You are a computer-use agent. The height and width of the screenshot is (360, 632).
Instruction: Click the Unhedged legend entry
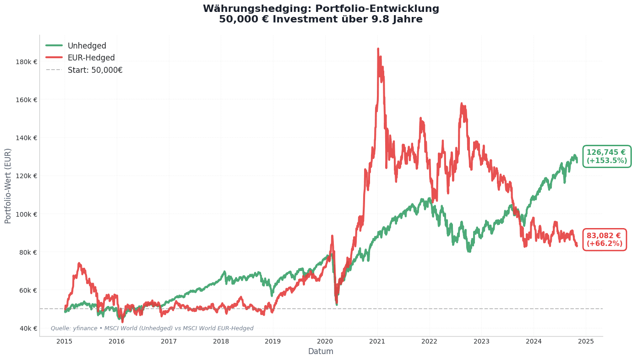(x=87, y=46)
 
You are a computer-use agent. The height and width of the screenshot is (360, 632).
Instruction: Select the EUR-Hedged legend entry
(x=91, y=58)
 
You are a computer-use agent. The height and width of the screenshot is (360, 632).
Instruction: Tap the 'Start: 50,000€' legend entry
(x=95, y=70)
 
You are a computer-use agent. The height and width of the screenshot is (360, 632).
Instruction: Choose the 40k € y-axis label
(x=27, y=328)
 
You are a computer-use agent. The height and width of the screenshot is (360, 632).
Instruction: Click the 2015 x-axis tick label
(x=65, y=341)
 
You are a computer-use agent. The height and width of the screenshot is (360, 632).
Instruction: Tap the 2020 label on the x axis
(x=325, y=341)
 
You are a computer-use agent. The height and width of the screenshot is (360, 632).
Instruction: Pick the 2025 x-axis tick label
(x=586, y=341)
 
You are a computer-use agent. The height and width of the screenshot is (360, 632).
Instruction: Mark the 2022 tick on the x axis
(x=430, y=341)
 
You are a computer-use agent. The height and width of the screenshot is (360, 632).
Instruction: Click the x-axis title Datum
(x=321, y=352)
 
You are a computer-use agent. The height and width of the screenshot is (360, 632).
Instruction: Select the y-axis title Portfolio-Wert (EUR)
(x=8, y=186)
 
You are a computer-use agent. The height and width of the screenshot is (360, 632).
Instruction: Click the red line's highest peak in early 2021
(x=378, y=49)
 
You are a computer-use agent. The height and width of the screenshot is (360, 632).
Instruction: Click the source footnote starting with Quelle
(x=152, y=328)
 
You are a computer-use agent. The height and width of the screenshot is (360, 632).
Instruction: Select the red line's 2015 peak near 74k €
(x=79, y=263)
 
